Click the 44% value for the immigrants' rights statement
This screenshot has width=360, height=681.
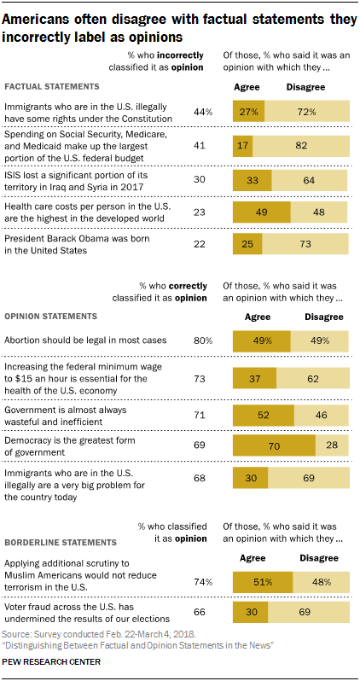point(203,113)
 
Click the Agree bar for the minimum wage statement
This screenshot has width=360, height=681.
point(255,376)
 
